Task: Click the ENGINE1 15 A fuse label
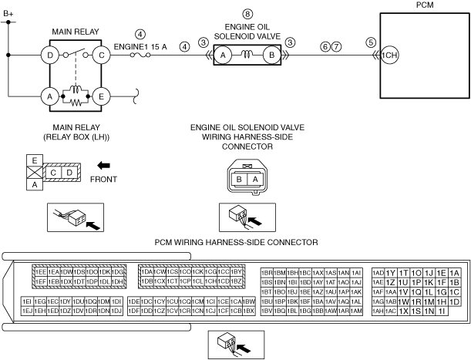click(x=139, y=45)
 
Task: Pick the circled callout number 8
click(x=247, y=14)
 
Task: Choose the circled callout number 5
click(x=371, y=42)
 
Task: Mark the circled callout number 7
click(x=336, y=47)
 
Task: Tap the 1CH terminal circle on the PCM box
click(x=389, y=56)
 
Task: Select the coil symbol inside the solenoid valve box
click(x=246, y=56)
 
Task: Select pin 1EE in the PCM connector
click(x=40, y=272)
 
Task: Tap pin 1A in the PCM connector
click(x=454, y=273)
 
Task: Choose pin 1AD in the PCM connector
click(x=378, y=273)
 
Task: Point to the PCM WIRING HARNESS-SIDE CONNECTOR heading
click(x=236, y=242)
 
